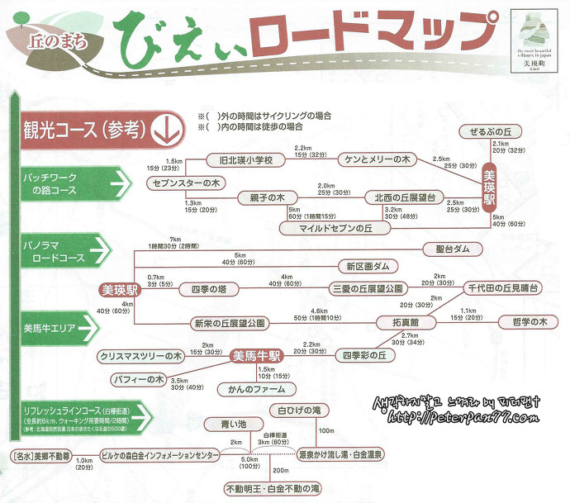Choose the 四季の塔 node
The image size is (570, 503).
pos(214,289)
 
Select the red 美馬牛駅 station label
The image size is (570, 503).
pos(256,357)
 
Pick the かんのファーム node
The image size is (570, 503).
pos(258,388)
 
